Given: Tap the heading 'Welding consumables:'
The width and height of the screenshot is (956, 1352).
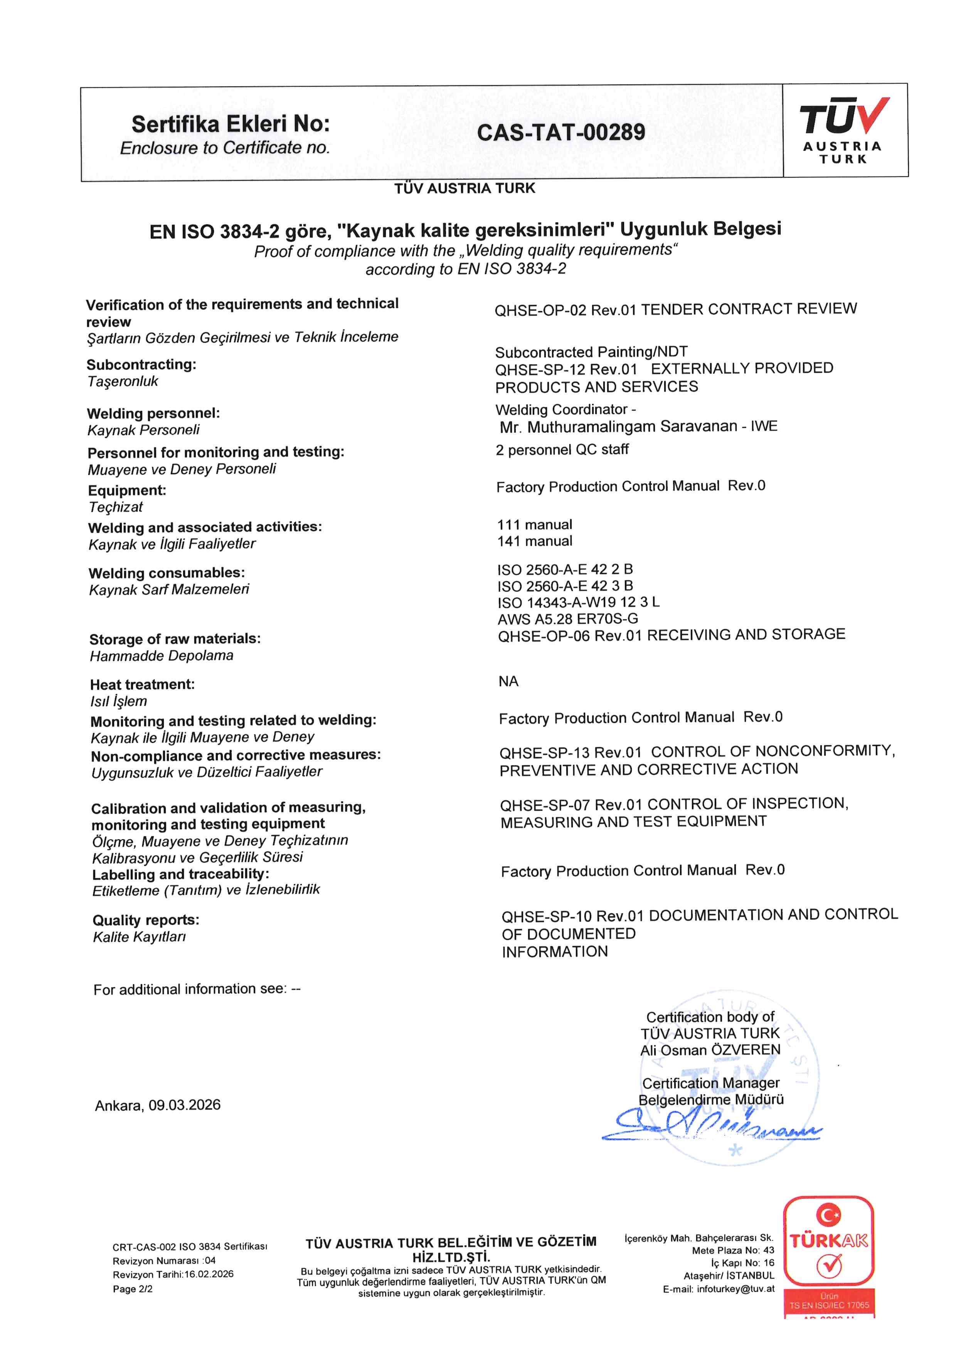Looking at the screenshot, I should tap(167, 573).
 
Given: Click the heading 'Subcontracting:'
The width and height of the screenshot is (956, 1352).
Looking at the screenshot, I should tap(141, 364).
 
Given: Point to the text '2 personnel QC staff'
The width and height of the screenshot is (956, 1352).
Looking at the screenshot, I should tap(562, 450).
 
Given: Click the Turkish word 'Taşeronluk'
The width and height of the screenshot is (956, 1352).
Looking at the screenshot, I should tap(123, 382).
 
